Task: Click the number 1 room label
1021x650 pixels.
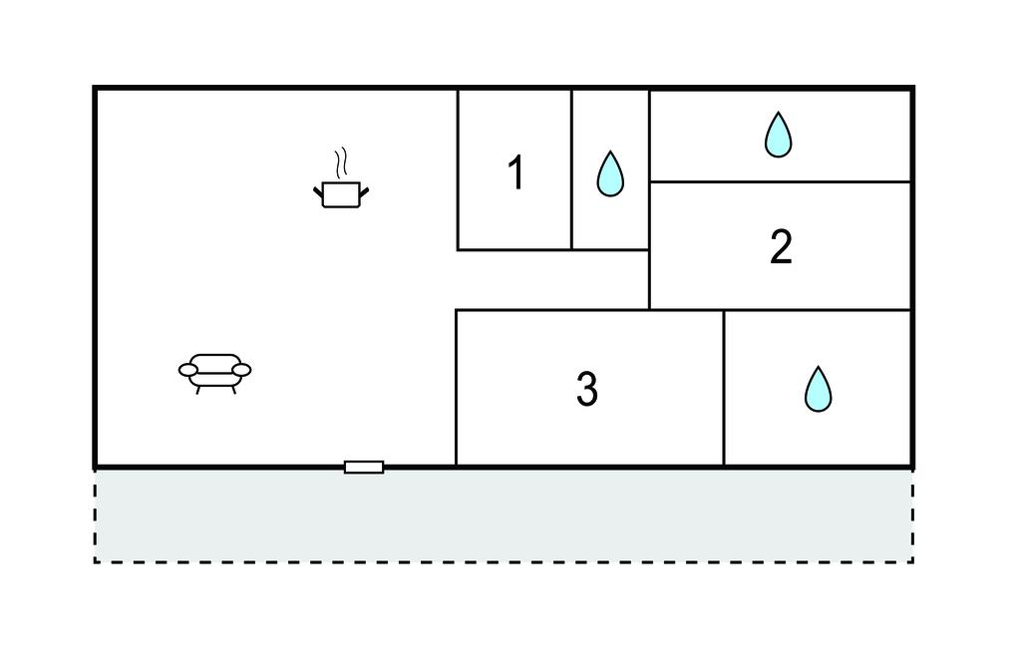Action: click(x=515, y=173)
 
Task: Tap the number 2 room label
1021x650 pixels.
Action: click(x=781, y=247)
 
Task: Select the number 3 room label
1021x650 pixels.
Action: click(x=587, y=390)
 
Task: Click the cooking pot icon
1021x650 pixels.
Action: click(x=341, y=193)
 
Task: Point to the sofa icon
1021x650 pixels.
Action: click(x=215, y=370)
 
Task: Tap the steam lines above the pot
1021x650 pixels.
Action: click(x=341, y=162)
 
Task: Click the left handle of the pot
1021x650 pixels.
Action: click(x=318, y=189)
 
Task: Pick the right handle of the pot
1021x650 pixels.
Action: click(x=364, y=189)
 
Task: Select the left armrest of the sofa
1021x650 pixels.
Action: click(x=188, y=370)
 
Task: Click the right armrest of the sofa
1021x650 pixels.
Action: click(x=241, y=370)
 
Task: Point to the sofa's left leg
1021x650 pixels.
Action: click(x=197, y=389)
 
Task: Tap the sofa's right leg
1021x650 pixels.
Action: click(x=233, y=389)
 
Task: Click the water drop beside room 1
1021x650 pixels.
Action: click(x=609, y=173)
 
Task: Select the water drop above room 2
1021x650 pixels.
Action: click(x=778, y=135)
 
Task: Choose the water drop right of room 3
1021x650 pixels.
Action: click(x=818, y=389)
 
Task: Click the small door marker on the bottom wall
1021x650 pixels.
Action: click(x=364, y=467)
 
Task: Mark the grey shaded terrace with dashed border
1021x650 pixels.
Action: click(x=504, y=515)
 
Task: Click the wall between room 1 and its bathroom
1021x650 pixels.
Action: click(x=571, y=169)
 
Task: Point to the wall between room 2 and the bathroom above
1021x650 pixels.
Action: click(x=781, y=181)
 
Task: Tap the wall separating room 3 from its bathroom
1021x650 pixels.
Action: click(x=724, y=388)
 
